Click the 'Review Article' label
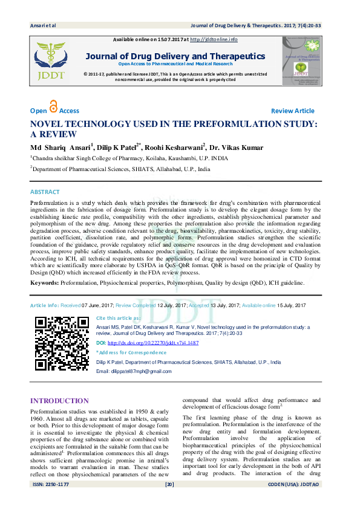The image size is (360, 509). click(292, 111)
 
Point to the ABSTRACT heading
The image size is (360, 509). click(45, 192)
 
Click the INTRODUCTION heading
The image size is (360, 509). click(59, 401)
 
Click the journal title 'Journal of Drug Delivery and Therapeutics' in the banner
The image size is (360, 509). click(175, 56)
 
